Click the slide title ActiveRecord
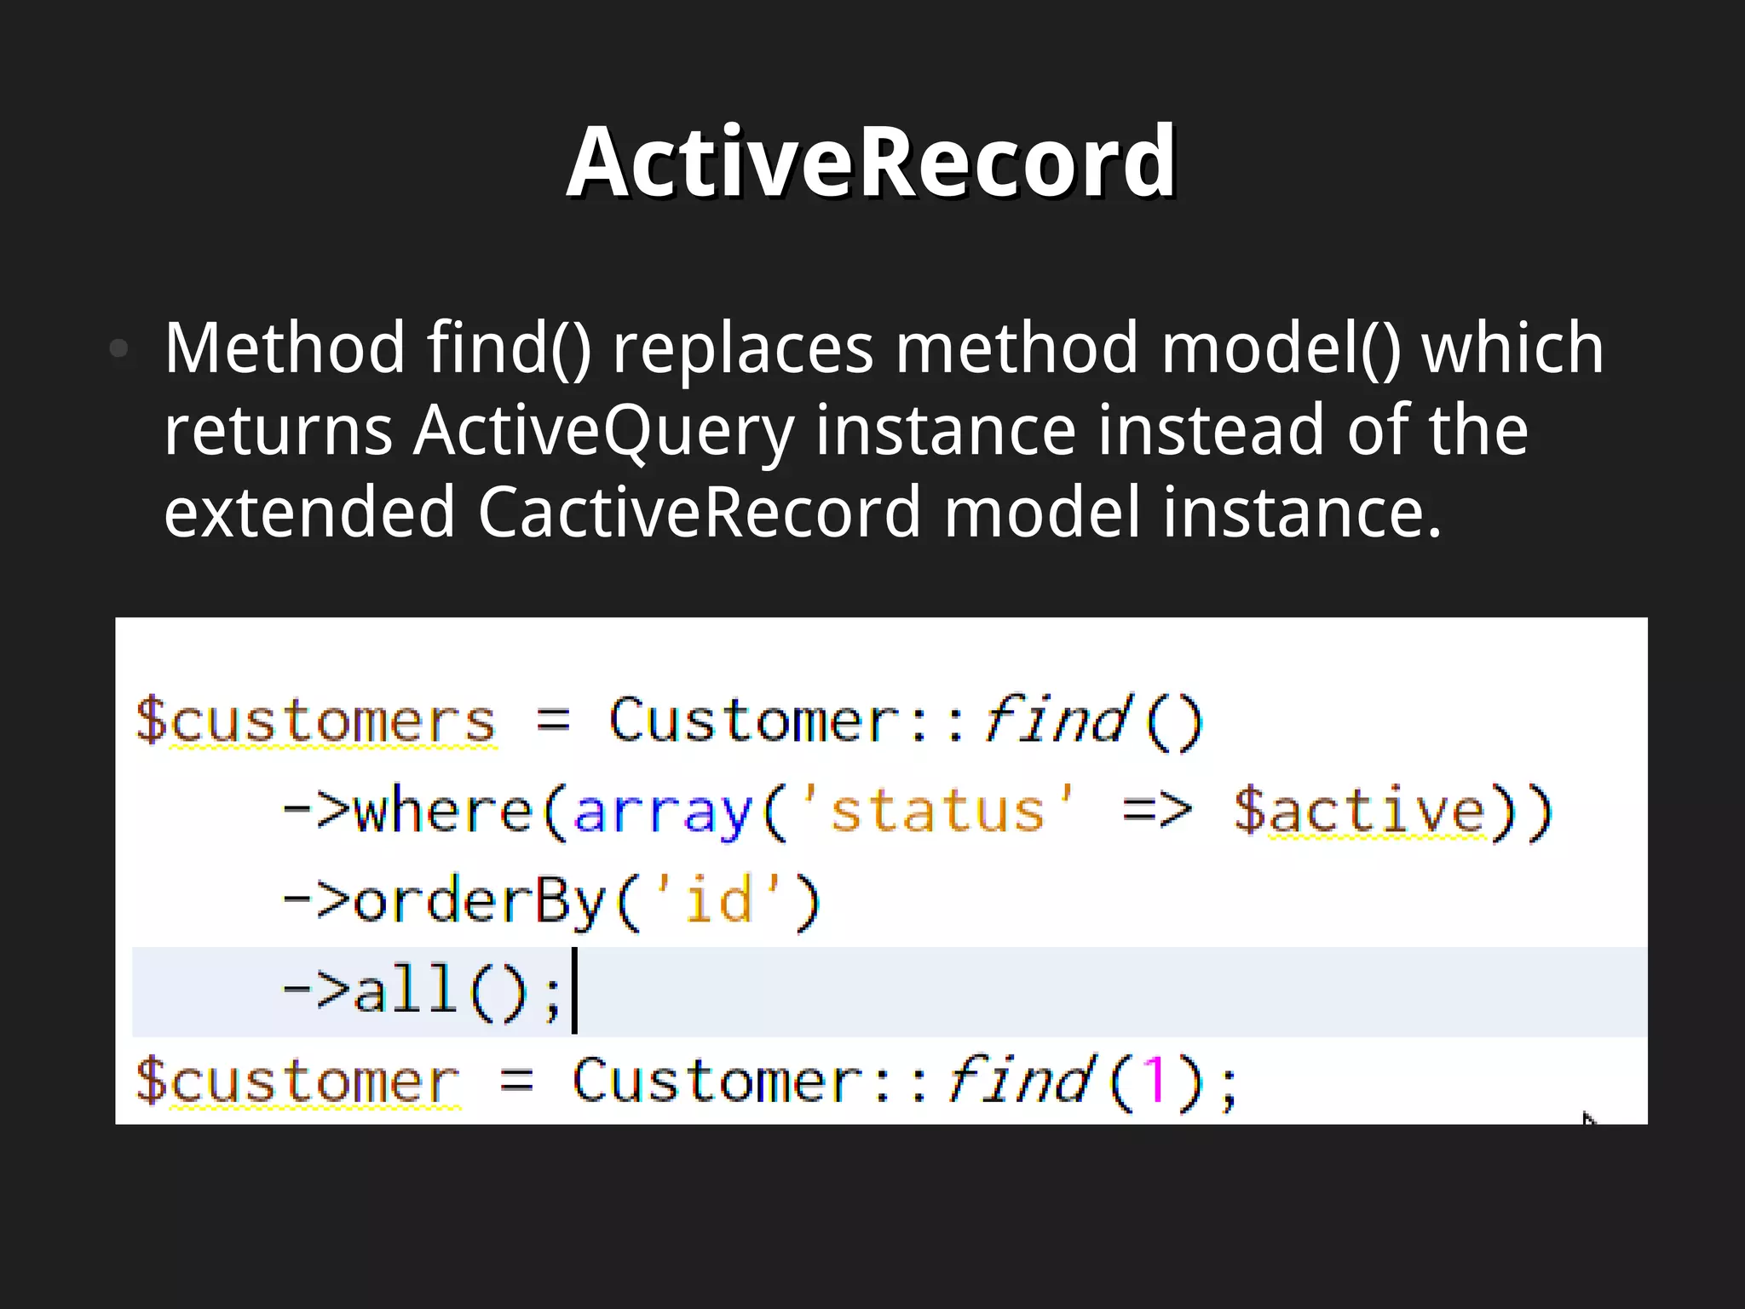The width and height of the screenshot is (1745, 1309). coord(872,162)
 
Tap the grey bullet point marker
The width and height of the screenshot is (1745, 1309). coord(119,348)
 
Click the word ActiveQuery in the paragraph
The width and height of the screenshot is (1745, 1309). coord(603,430)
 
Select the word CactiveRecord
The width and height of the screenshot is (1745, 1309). coord(700,512)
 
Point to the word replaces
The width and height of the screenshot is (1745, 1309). coord(743,348)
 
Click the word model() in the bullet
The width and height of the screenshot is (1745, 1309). coord(1281,348)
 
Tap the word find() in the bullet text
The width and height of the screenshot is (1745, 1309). coord(509,348)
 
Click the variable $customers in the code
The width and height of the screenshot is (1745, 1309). coord(315,721)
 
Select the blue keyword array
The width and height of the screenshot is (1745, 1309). coord(663,811)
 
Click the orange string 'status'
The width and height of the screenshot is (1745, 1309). coord(937,811)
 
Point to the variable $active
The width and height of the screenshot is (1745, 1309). coord(1360,811)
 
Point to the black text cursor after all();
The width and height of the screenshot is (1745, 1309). coord(574,991)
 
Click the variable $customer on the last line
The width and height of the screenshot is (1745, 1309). coord(297,1082)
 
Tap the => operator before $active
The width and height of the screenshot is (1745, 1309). coord(1156,811)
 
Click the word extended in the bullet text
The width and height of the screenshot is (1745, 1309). coord(309,512)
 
